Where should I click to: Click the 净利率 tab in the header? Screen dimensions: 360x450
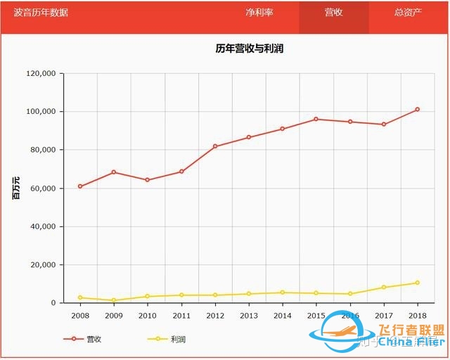[259, 13]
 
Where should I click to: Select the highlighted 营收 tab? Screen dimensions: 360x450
[333, 13]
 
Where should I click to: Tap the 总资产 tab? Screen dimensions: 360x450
[408, 13]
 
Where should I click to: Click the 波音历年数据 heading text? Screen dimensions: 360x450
[41, 13]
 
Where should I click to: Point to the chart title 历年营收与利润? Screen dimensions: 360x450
[249, 49]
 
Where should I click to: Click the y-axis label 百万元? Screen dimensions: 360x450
[16, 188]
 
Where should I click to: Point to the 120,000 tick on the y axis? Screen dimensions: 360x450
[40, 73]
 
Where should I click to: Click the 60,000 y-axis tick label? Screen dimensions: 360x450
[43, 188]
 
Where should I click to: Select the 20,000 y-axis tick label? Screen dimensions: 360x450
[43, 265]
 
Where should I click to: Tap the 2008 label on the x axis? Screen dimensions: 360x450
[80, 316]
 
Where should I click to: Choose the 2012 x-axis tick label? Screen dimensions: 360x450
[215, 316]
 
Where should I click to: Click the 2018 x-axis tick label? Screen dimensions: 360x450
[417, 316]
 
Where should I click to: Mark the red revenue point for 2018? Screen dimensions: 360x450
[417, 109]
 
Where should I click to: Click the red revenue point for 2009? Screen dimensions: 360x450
[114, 172]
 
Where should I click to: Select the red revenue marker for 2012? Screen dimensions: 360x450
[215, 146]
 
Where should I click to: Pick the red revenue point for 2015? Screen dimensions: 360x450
[316, 119]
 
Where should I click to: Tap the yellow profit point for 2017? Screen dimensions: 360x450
[383, 287]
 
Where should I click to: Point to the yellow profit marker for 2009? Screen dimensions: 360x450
[114, 300]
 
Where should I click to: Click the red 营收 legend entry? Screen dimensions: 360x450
[84, 339]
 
